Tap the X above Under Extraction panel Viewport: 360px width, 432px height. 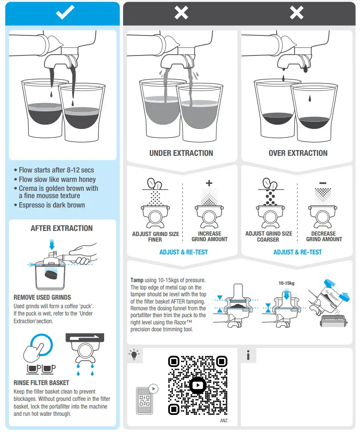point(181,13)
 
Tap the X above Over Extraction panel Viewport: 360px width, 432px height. point(297,13)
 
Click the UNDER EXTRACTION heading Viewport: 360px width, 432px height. point(181,153)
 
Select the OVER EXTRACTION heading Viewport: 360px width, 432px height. point(298,153)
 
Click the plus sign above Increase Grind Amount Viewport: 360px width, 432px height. point(209,183)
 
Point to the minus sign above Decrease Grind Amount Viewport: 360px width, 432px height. point(323,183)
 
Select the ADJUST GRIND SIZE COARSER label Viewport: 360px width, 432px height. point(269,236)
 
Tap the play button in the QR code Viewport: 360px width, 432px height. point(197,385)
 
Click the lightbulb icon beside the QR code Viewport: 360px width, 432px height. point(134,354)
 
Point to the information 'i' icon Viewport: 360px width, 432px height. point(248,355)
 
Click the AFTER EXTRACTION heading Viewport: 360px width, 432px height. point(61,228)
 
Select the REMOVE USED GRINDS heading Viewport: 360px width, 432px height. point(42,297)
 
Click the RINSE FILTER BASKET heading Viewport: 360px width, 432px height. point(41,383)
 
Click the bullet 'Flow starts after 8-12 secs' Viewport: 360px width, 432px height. point(56,170)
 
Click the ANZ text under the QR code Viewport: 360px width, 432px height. point(223,420)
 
